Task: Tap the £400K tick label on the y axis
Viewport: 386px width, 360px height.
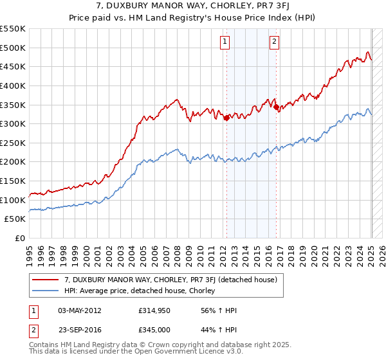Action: (x=12, y=85)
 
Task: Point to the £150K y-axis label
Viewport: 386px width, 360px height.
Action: (x=12, y=181)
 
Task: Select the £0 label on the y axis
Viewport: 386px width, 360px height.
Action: (x=20, y=238)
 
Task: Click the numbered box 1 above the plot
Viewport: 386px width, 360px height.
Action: (x=225, y=42)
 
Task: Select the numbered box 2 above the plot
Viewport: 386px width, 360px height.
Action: (x=275, y=42)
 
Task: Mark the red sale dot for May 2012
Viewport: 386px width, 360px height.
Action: (x=226, y=118)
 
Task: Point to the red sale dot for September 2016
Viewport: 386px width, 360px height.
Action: (x=277, y=107)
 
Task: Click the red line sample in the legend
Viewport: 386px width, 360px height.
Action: (x=46, y=280)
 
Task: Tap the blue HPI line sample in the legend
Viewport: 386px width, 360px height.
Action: (x=46, y=291)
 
